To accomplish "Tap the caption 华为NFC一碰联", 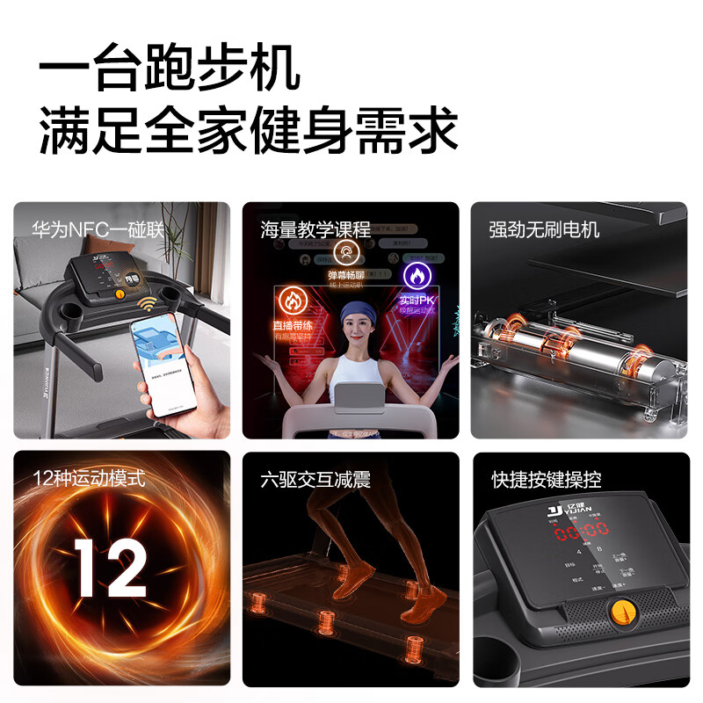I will point(98,230).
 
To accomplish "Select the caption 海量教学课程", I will point(315,230).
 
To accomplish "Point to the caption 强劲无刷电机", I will point(544,230).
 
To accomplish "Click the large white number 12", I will point(111,568).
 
